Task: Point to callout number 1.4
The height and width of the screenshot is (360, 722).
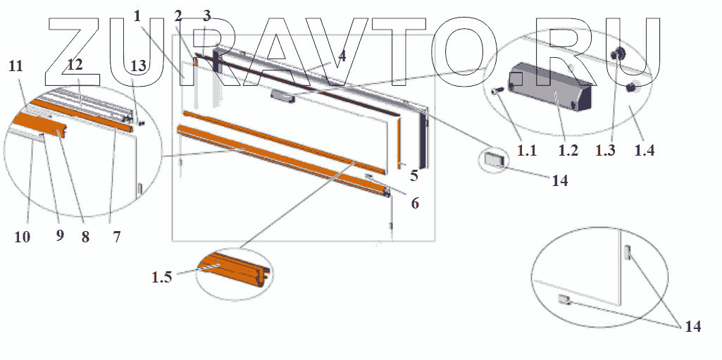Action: tap(645, 149)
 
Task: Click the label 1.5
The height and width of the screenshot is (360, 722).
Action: tap(161, 277)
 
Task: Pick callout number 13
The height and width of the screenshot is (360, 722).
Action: tap(139, 66)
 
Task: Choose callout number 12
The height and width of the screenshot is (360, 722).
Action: tap(75, 65)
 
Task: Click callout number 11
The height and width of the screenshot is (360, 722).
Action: tap(15, 66)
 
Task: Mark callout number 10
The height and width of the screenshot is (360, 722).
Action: tap(22, 237)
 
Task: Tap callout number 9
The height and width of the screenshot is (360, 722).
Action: tap(60, 236)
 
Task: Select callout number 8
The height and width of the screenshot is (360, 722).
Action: tap(85, 237)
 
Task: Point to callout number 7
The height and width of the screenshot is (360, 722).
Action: tap(117, 237)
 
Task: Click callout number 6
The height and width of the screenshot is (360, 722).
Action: tap(415, 204)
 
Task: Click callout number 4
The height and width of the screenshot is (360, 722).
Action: tap(342, 55)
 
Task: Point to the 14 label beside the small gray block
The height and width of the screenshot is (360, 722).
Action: tap(559, 180)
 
